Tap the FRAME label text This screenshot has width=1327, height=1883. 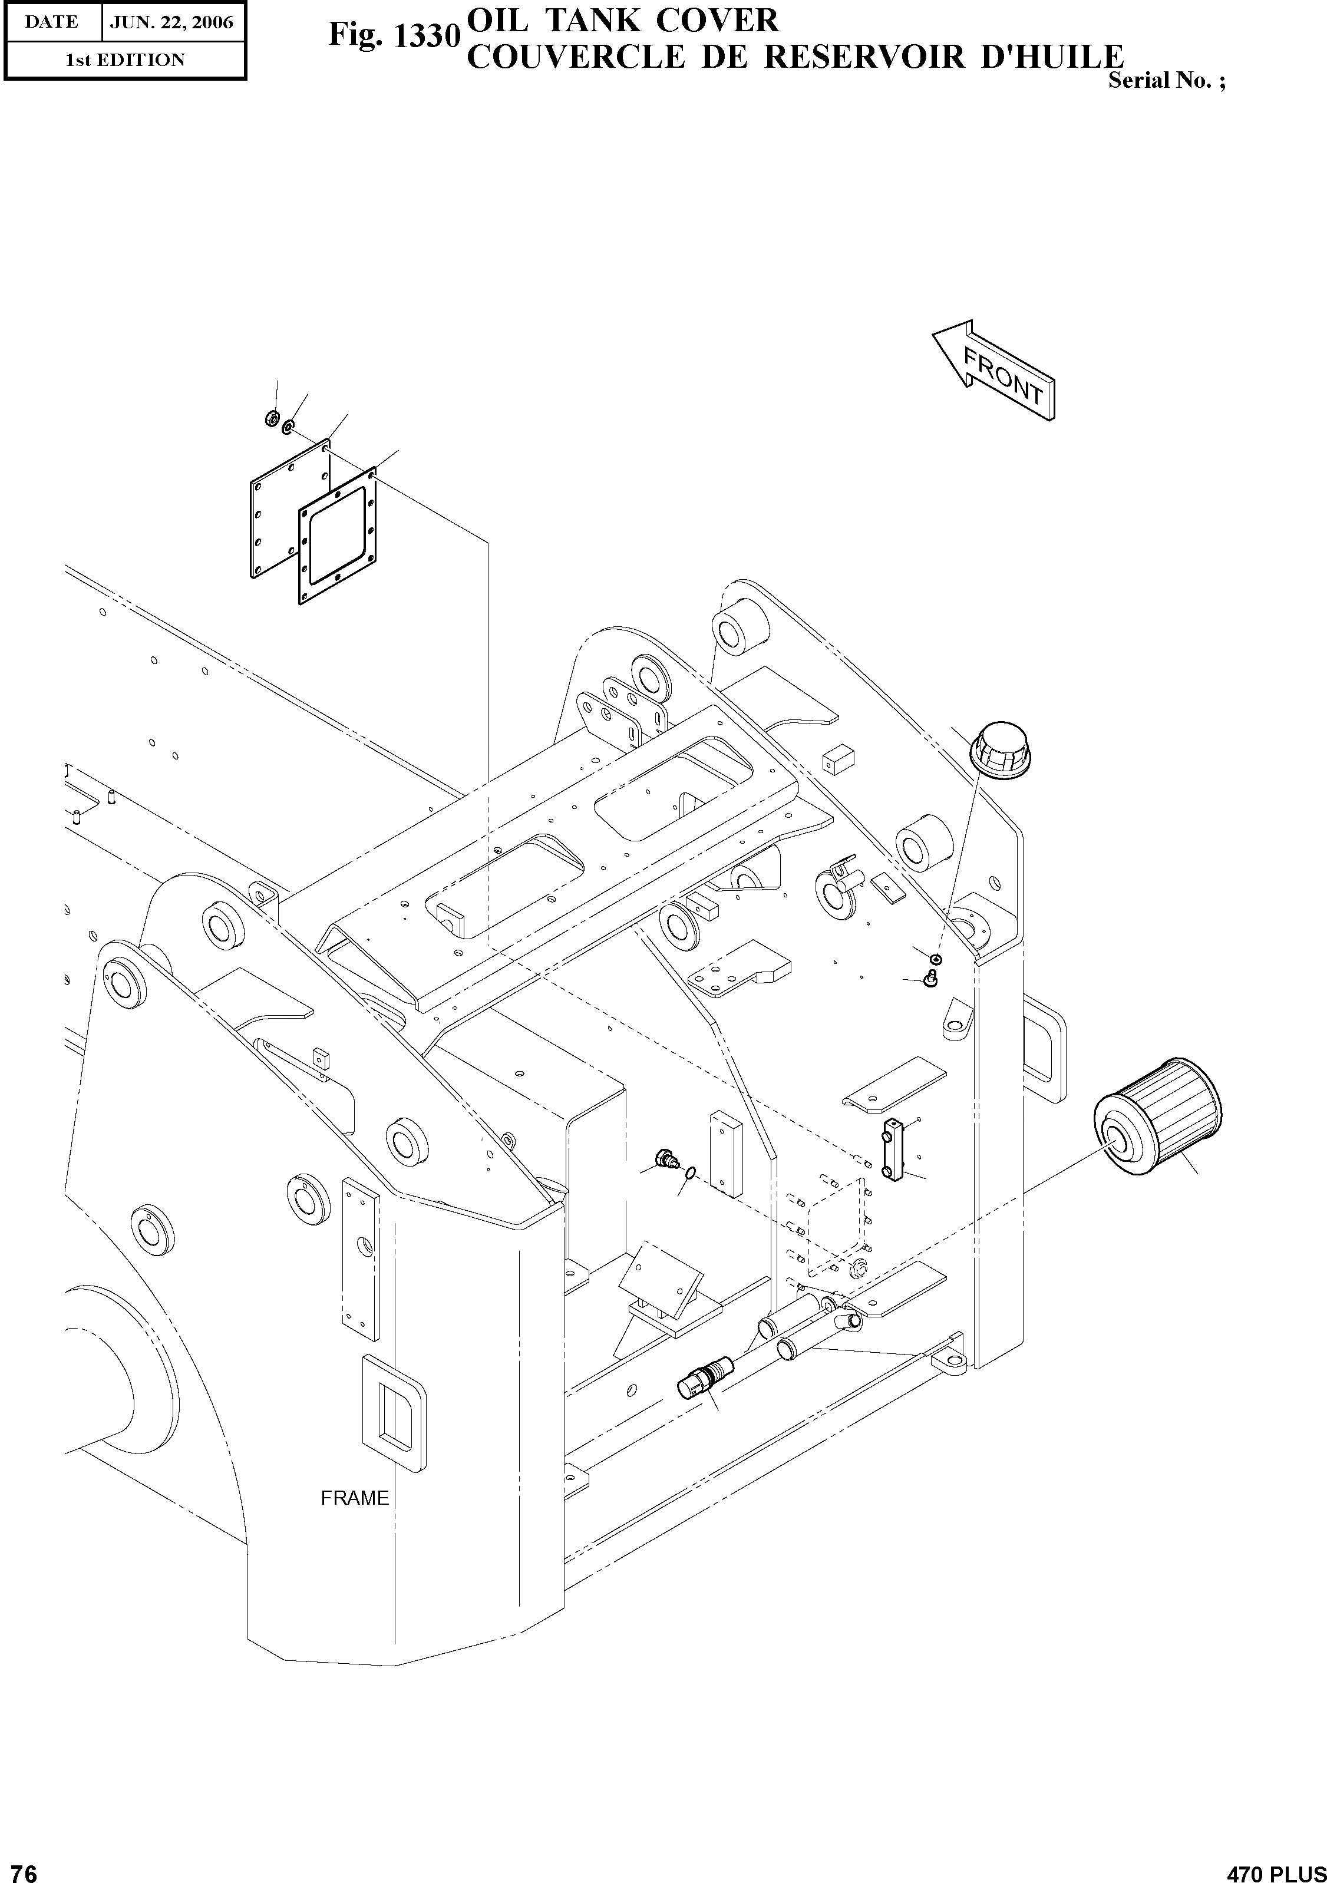354,1498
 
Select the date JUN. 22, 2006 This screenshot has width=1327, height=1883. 172,22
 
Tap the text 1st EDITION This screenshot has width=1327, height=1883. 126,60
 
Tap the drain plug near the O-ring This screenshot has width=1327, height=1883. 667,1159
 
